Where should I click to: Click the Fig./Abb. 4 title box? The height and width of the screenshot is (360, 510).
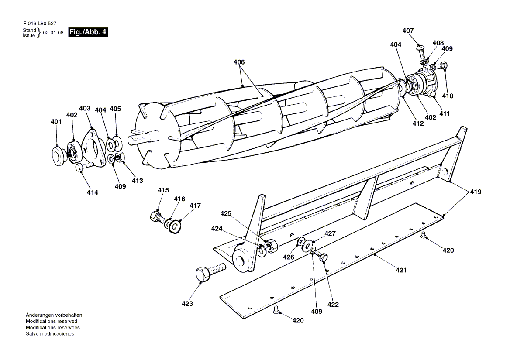point(88,32)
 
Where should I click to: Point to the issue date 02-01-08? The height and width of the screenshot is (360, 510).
point(53,33)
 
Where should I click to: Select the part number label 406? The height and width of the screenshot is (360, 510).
point(239,62)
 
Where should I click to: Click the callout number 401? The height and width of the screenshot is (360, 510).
point(56,122)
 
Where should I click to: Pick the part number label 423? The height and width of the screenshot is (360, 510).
point(187,304)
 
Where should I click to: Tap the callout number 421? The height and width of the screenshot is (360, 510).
point(401,271)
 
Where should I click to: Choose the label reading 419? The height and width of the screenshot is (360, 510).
point(476,192)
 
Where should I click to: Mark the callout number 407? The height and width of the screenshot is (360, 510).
point(408,31)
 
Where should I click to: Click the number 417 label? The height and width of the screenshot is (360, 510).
point(195,206)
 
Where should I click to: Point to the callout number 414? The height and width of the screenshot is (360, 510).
point(92,192)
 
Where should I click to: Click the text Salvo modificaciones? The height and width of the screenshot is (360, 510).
point(50,334)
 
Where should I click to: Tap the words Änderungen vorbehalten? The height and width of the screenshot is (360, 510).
point(54,315)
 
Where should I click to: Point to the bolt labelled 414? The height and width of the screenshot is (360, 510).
point(86,166)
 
